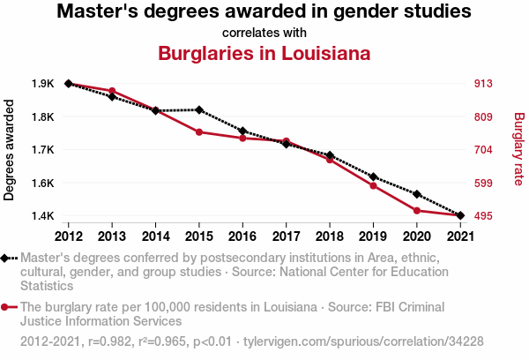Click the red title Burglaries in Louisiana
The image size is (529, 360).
tap(264, 53)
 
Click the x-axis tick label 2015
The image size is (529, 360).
tap(199, 236)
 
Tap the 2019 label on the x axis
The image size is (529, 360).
tap(373, 236)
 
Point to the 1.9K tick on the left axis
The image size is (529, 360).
tap(42, 84)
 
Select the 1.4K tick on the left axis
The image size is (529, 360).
tap(42, 216)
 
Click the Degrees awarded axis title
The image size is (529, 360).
tap(10, 150)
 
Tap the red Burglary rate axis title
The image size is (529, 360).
tap(518, 150)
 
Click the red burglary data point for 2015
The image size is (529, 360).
tap(199, 132)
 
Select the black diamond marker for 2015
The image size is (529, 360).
tap(199, 110)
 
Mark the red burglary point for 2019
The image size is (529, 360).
tap(373, 185)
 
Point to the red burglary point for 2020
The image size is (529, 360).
tap(416, 210)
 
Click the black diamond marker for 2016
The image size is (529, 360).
tap(242, 131)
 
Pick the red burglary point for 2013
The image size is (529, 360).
tap(112, 91)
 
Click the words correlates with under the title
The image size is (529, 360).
tap(264, 33)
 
